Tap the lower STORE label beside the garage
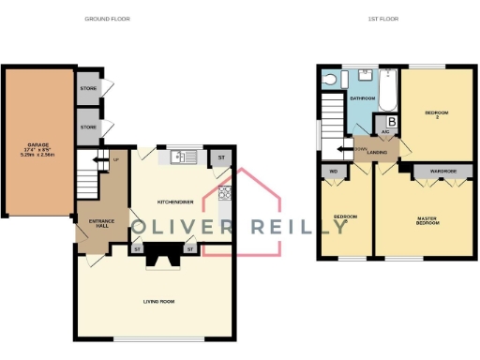tap(87, 127)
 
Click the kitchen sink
tap(181, 157)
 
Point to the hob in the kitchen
tap(224, 193)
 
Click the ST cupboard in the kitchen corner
tap(221, 157)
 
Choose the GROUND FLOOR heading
tap(107, 19)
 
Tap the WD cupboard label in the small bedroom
tap(332, 172)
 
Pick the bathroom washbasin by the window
tap(367, 76)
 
